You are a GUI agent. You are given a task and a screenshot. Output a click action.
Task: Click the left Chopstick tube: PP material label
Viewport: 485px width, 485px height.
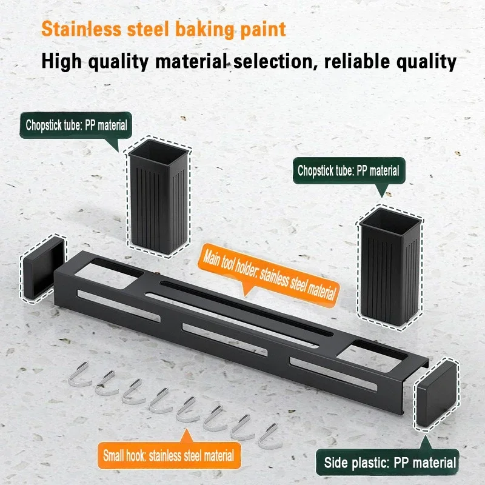[76, 125]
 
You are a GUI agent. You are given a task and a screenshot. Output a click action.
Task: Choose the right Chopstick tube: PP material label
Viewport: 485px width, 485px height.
[348, 171]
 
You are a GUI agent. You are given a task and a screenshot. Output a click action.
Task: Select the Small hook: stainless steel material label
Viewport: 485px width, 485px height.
[168, 453]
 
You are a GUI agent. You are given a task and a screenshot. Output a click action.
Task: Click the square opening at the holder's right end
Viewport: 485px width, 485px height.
[376, 353]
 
